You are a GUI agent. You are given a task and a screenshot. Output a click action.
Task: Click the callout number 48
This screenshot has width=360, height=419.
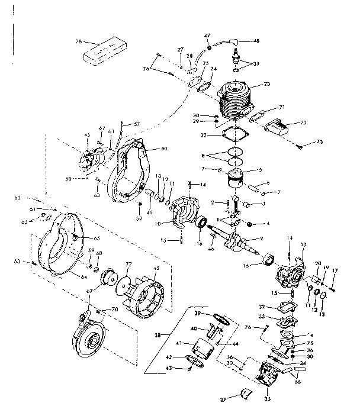256,41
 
